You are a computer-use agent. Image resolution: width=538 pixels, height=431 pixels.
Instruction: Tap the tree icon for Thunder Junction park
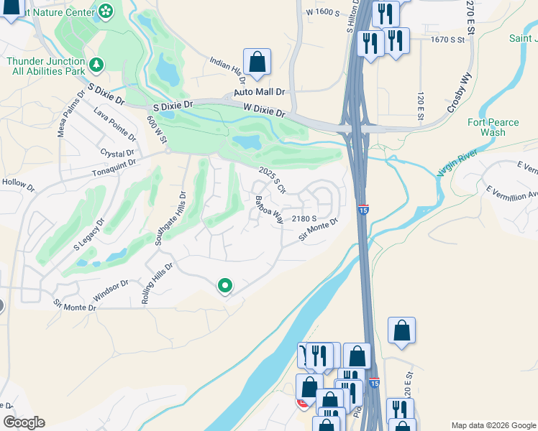point(96,65)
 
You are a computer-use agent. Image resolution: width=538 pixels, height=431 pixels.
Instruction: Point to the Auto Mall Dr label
point(260,93)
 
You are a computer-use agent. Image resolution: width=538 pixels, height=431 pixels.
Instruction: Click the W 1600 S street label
point(322,12)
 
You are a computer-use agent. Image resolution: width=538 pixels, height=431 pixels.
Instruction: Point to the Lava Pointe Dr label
point(114,123)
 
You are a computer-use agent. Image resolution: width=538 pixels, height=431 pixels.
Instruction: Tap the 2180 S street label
point(305,218)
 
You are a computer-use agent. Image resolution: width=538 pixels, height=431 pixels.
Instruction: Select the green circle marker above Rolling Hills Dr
point(225,286)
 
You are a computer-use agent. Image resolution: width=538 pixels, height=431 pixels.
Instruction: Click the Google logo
point(24,422)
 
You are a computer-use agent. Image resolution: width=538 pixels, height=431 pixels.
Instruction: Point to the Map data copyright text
point(493,425)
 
